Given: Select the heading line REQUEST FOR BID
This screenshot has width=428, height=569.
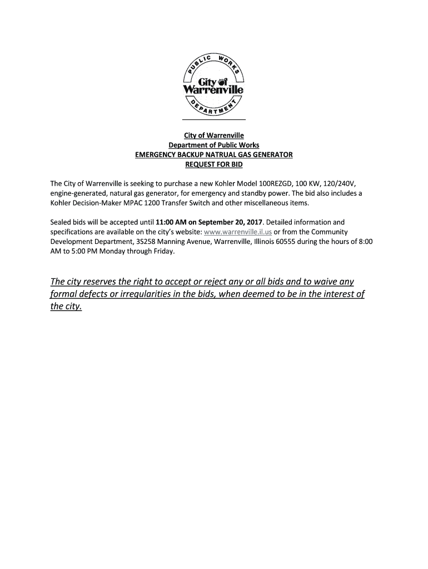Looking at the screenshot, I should coord(214,164).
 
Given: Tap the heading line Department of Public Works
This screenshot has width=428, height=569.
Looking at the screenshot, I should coord(214,146).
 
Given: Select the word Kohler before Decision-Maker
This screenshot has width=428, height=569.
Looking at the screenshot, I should coord(61,203).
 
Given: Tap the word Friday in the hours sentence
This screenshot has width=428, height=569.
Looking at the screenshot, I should coord(164,251).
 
